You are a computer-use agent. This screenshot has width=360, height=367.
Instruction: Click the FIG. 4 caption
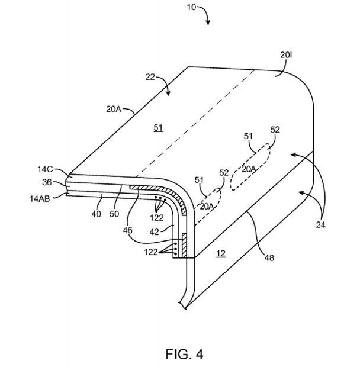pyautogui.click(x=184, y=354)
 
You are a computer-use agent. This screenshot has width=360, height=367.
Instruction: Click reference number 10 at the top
pyautogui.click(x=191, y=7)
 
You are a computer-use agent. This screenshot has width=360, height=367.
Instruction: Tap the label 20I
pyautogui.click(x=286, y=55)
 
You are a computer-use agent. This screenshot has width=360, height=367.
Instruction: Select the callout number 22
pyautogui.click(x=150, y=77)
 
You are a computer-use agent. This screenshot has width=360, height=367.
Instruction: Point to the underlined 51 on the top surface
pyautogui.click(x=158, y=128)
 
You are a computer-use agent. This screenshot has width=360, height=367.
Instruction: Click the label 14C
pyautogui.click(x=46, y=169)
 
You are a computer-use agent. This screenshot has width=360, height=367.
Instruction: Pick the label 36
pyautogui.click(x=47, y=182)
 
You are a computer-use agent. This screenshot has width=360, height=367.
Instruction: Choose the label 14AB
pyautogui.click(x=40, y=199)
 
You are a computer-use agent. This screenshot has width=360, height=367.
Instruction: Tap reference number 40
pyautogui.click(x=96, y=214)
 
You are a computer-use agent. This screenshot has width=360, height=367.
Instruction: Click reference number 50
pyautogui.click(x=114, y=214)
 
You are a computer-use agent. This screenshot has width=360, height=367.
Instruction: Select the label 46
pyautogui.click(x=127, y=230)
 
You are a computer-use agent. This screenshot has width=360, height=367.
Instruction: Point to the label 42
pyautogui.click(x=154, y=231)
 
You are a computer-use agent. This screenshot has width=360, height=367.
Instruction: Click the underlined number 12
pyautogui.click(x=221, y=253)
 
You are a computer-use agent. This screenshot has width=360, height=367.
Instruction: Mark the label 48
pyautogui.click(x=269, y=257)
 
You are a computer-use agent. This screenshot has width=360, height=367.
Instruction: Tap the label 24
pyautogui.click(x=321, y=225)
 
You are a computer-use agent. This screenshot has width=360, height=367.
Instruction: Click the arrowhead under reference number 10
pyautogui.click(x=208, y=22)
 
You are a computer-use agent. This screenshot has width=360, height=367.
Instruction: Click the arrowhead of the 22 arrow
pyautogui.click(x=168, y=93)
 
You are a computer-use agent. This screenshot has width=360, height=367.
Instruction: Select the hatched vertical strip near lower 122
pyautogui.click(x=184, y=246)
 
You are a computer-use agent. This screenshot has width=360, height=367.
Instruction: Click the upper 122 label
pyautogui.click(x=156, y=218)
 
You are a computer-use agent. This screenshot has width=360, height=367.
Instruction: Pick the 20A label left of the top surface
pyautogui.click(x=114, y=109)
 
